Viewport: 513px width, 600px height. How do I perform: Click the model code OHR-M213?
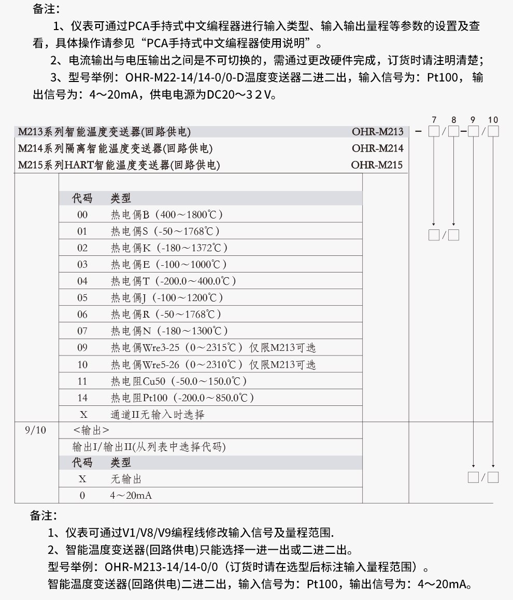pos(377,131)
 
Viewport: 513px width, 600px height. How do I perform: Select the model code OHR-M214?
pos(377,148)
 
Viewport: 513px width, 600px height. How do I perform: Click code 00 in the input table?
pos(82,215)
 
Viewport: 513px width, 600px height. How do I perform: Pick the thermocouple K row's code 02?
pos(82,248)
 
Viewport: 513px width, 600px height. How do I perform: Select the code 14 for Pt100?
pos(82,398)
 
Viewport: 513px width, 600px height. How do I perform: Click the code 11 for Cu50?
pos(82,381)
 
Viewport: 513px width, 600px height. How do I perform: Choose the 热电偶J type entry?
pos(167,298)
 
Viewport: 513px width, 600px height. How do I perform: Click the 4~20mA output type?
pos(131,496)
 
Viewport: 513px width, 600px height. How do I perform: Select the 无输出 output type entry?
pos(126,479)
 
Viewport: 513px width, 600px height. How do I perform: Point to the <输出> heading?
pos(91,430)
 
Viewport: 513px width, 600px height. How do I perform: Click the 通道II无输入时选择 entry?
pos(158,415)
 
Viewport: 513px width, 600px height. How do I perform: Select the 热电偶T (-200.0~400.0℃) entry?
pos(173,281)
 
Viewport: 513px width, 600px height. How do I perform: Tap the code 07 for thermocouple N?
pos(82,331)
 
